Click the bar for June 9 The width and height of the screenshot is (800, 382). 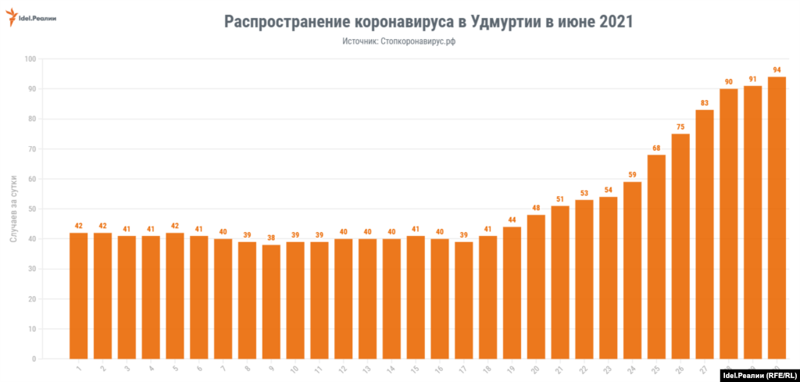[271, 302]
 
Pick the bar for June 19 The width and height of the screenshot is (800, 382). [512, 292]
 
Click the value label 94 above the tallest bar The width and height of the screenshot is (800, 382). [777, 70]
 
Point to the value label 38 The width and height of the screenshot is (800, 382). [271, 237]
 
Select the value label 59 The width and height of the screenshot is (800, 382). [632, 175]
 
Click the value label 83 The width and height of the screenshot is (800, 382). [705, 103]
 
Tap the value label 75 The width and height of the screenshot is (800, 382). [680, 127]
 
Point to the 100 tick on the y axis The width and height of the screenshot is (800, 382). [30, 59]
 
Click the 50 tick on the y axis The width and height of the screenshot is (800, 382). [32, 209]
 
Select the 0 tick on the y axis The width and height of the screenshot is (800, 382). [34, 359]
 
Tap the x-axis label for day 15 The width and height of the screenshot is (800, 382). [415, 366]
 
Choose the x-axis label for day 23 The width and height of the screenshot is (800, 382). [607, 366]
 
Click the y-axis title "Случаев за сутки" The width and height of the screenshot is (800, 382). [13, 209]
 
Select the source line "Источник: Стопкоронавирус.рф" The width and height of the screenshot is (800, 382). [398, 41]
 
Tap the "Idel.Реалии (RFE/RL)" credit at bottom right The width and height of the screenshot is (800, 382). [756, 374]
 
